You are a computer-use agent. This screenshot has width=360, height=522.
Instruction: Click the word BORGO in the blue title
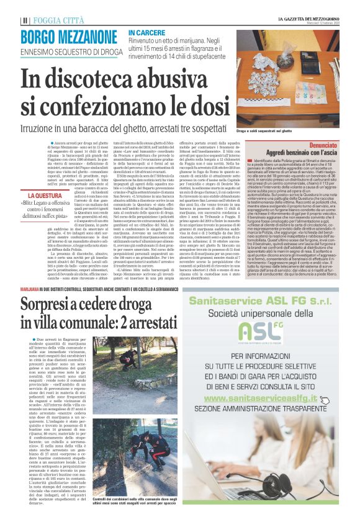pyautogui.click(x=42, y=36)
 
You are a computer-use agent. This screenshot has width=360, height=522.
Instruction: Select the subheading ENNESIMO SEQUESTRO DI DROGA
pyautogui.click(x=63, y=51)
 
